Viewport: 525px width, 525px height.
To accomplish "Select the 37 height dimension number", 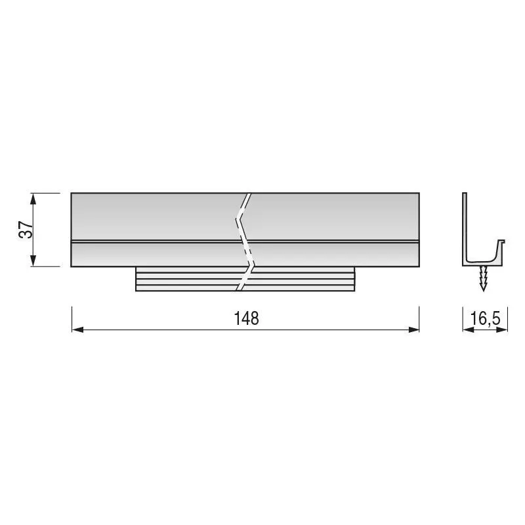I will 25,230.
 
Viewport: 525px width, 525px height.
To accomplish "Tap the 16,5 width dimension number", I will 486,319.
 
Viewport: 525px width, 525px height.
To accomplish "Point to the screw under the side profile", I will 484,277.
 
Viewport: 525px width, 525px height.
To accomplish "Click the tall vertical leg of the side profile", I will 464,223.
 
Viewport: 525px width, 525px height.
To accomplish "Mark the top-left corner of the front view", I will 71,193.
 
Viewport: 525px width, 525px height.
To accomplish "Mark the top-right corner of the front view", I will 419,193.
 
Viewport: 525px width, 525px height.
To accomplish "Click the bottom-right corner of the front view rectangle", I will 419,266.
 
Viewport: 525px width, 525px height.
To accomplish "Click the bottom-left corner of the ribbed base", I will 136,291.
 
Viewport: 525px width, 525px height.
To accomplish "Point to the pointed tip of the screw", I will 484,289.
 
